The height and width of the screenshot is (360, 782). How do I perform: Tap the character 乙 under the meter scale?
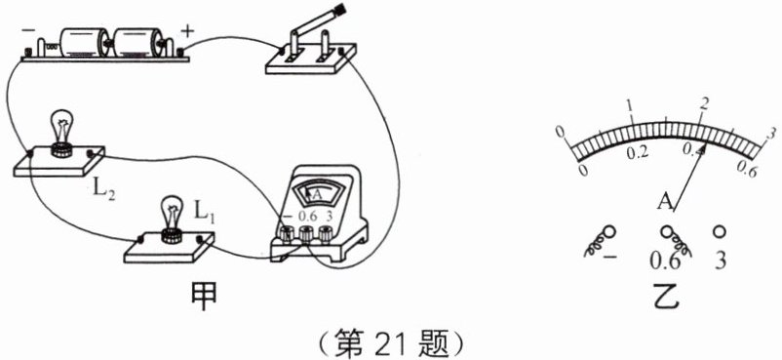[667, 298]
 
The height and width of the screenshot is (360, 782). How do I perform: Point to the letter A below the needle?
[665, 202]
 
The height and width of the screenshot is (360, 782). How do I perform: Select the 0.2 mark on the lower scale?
[639, 154]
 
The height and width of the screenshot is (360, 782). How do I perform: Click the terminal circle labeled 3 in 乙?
[721, 232]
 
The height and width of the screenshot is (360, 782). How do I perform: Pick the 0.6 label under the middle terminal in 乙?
[668, 262]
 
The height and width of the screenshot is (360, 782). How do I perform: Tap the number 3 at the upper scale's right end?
[770, 133]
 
